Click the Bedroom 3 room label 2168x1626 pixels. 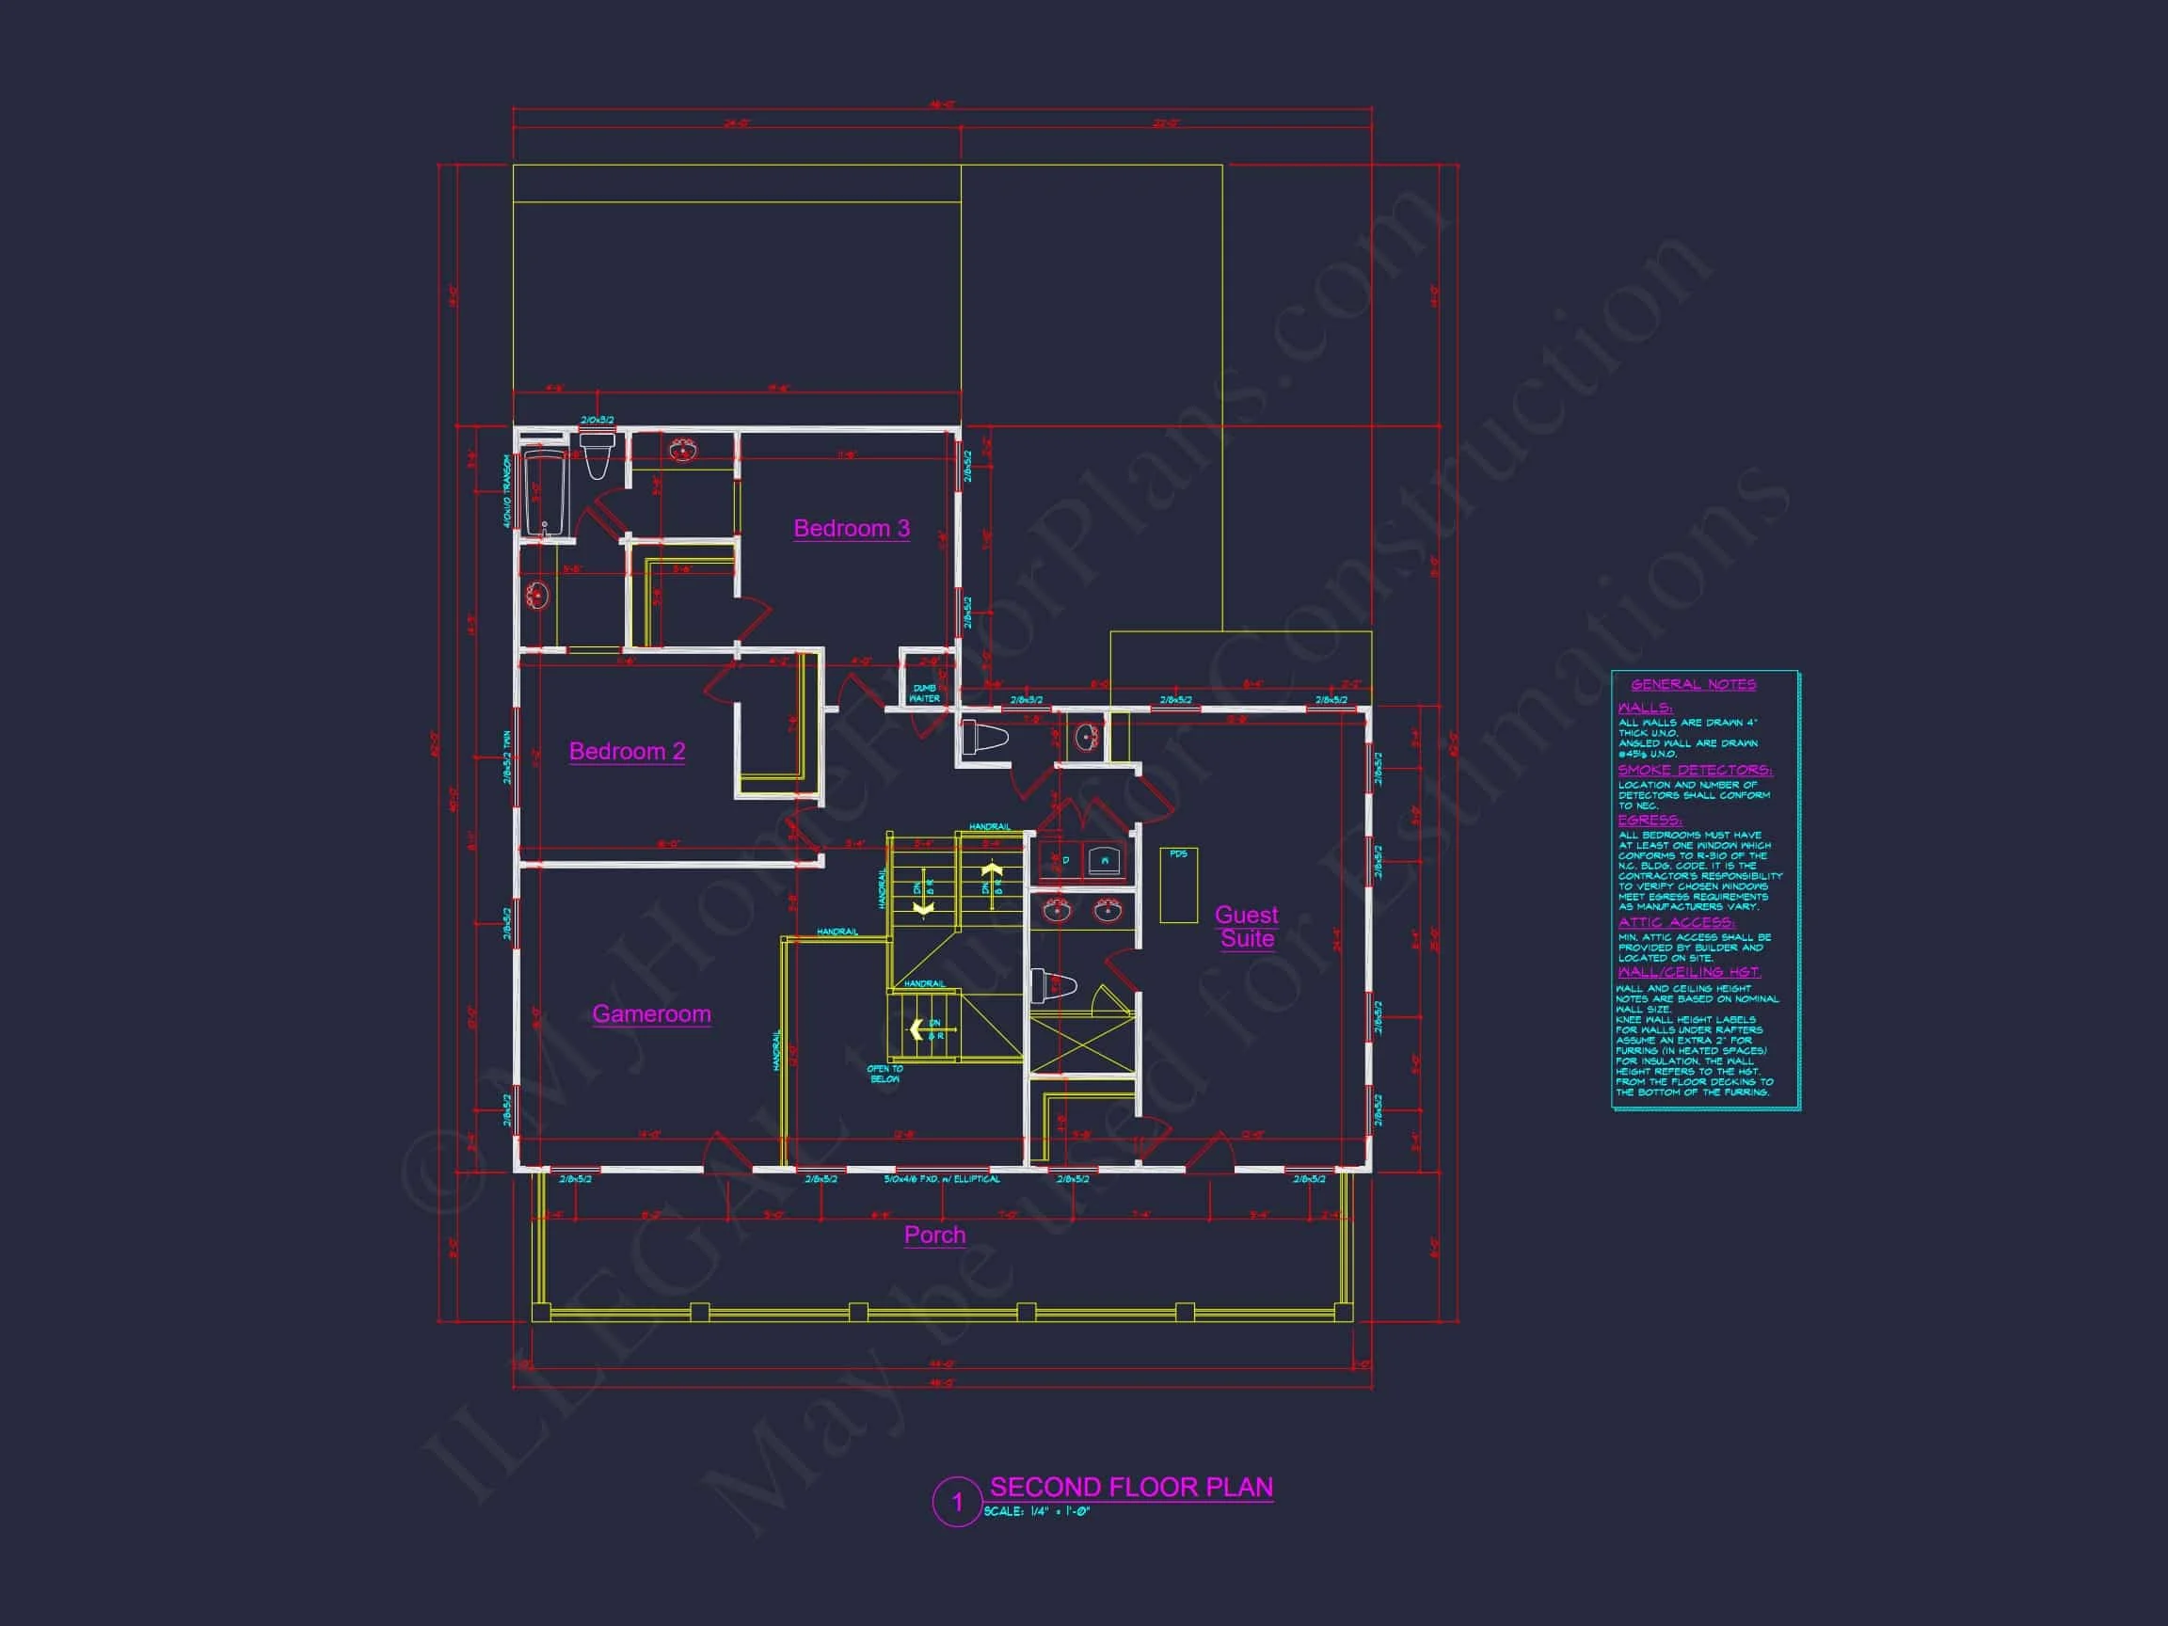tap(851, 528)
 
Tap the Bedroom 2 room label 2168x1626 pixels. tap(627, 751)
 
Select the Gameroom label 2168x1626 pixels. tap(651, 1013)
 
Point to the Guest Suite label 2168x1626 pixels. tap(1246, 926)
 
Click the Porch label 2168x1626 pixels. tap(934, 1234)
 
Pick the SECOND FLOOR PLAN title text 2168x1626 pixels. tap(1131, 1487)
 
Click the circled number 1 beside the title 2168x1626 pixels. tap(957, 1502)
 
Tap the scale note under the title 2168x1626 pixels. tap(1036, 1511)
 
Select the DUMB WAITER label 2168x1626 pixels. tap(924, 693)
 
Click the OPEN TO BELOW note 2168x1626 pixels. tap(885, 1074)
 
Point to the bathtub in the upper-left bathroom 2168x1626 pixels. tap(543, 493)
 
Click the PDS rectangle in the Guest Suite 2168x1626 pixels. tap(1178, 885)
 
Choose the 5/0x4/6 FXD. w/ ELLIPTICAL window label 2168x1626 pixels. tap(941, 1179)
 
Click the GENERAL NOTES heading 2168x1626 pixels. tap(1694, 684)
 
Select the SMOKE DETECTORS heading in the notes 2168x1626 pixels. tap(1695, 770)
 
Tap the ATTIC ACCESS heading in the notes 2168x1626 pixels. tap(1676, 921)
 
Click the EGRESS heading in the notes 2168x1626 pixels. tap(1650, 820)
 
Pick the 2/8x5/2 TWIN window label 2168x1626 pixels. tap(507, 757)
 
